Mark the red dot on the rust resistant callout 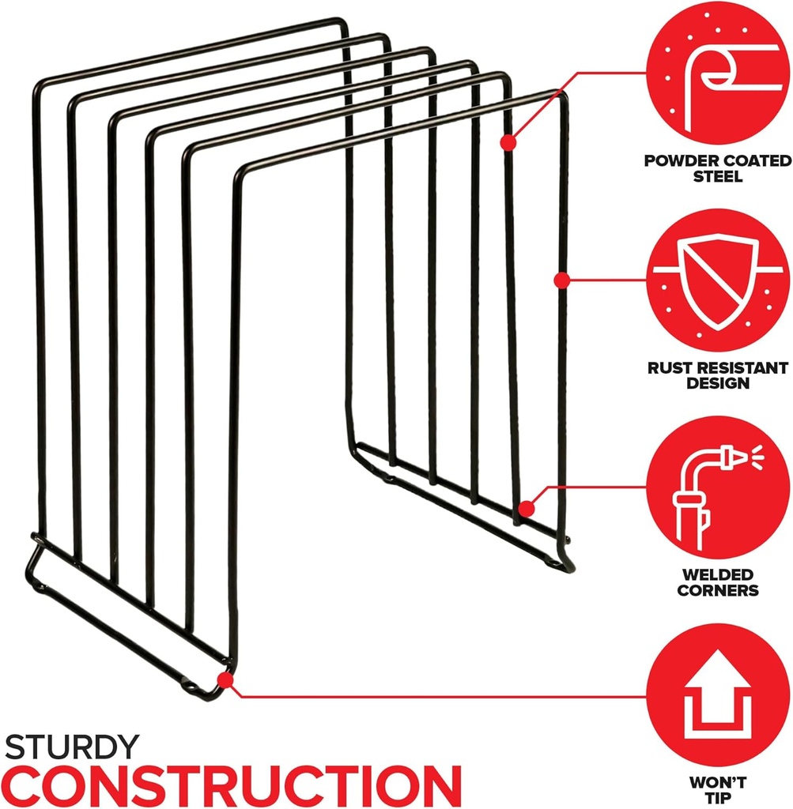tap(561, 280)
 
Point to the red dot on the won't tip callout tap(225, 679)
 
